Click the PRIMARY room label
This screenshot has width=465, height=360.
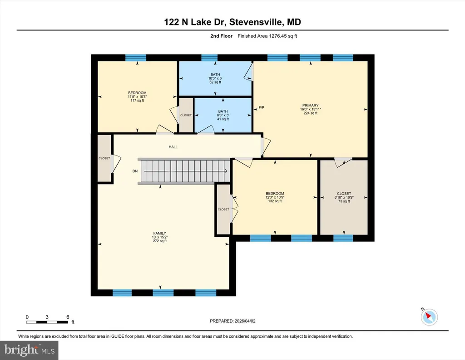pyautogui.click(x=311, y=105)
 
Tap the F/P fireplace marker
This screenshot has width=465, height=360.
pyautogui.click(x=261, y=107)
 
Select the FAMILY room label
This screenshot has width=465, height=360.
pyautogui.click(x=159, y=233)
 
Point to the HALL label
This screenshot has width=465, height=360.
pyautogui.click(x=173, y=147)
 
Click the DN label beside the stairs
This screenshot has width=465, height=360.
pyautogui.click(x=135, y=171)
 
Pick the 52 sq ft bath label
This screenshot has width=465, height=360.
pyautogui.click(x=215, y=78)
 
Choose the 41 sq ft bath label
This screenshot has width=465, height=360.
pyautogui.click(x=223, y=115)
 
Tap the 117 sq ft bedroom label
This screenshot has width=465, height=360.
pyautogui.click(x=137, y=96)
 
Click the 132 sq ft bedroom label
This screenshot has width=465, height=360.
pyautogui.click(x=275, y=197)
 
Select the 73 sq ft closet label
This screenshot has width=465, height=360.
pyautogui.click(x=344, y=197)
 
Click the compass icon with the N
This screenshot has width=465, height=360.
pyautogui.click(x=429, y=317)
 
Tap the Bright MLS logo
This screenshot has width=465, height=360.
pyautogui.click(x=29, y=350)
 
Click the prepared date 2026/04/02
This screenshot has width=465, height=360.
pyautogui.click(x=245, y=321)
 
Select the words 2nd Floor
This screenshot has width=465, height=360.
pyautogui.click(x=222, y=36)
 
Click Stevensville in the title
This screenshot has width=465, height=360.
pyautogui.click(x=256, y=22)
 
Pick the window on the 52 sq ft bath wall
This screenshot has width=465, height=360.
pyautogui.click(x=209, y=58)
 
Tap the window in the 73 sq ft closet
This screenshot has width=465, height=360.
pyautogui.click(x=343, y=238)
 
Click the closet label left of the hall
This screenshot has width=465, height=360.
pyautogui.click(x=104, y=158)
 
